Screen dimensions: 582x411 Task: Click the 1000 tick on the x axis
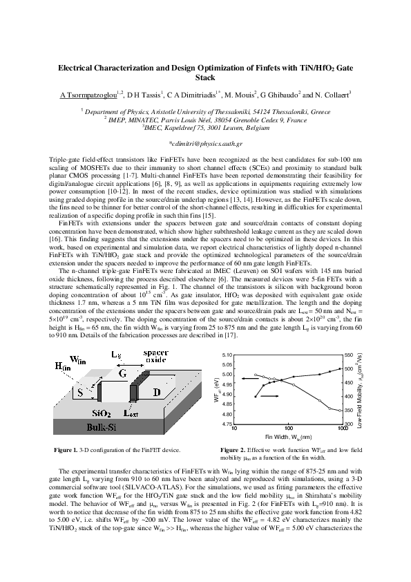click(x=341, y=429)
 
